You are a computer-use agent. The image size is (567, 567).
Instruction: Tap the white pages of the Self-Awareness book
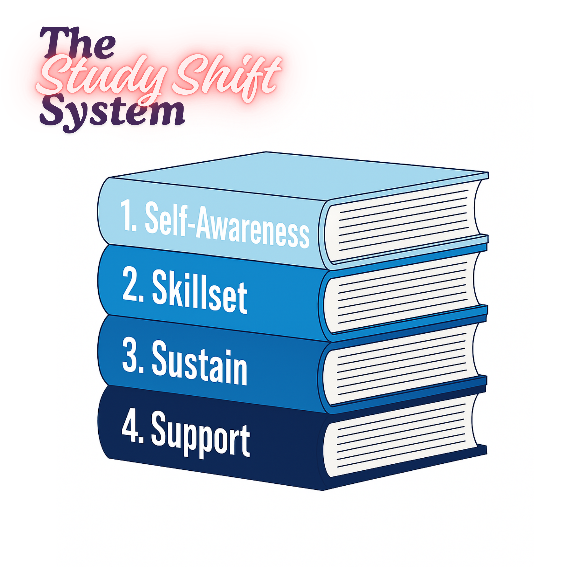click(402, 223)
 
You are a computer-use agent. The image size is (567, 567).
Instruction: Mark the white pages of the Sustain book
click(402, 365)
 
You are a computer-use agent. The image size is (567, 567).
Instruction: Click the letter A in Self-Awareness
click(206, 223)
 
